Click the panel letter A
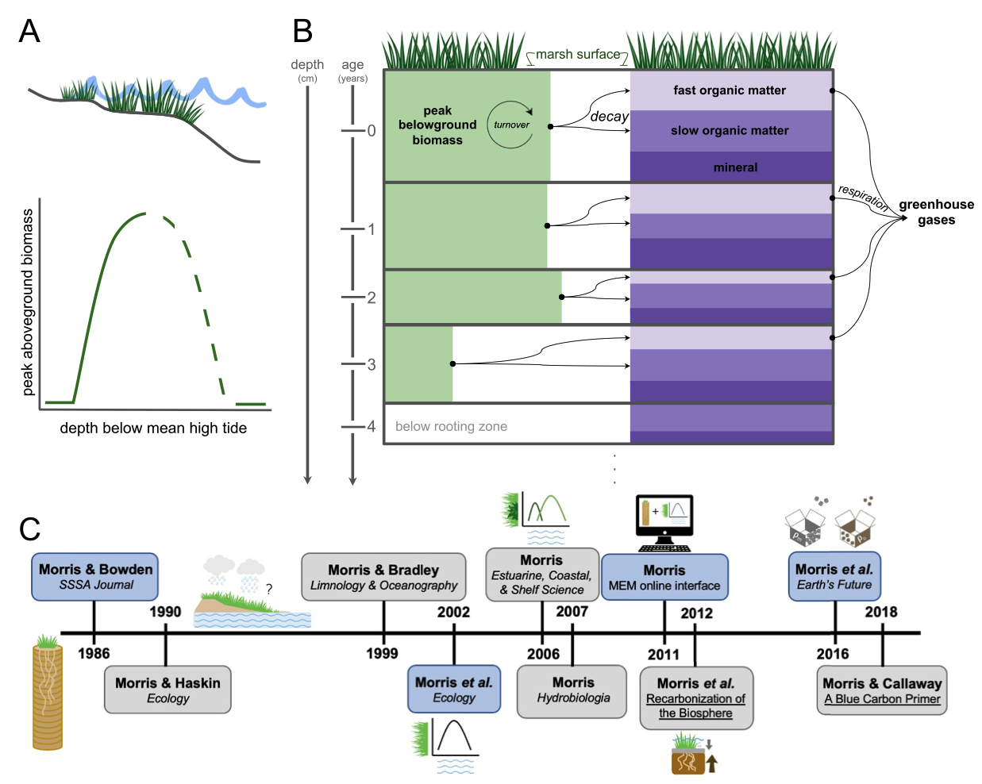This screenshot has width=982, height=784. pyautogui.click(x=29, y=32)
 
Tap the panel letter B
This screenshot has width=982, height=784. pyautogui.click(x=302, y=32)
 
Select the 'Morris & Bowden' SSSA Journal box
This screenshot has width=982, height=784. pyautogui.click(x=95, y=577)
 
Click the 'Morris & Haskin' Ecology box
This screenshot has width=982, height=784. pyautogui.click(x=168, y=690)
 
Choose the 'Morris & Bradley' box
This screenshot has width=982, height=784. pyautogui.click(x=383, y=577)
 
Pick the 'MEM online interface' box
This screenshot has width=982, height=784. pyautogui.click(x=664, y=578)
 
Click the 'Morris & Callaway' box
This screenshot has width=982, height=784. pyautogui.click(x=882, y=690)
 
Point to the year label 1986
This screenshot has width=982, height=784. pyautogui.click(x=94, y=654)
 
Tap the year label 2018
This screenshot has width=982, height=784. pyautogui.click(x=881, y=612)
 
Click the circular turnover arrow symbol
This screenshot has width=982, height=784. pyautogui.click(x=510, y=125)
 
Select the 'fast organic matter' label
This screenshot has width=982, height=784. pyautogui.click(x=730, y=90)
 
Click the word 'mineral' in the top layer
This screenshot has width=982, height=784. pyautogui.click(x=735, y=167)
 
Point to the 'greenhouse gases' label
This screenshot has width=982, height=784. pyautogui.click(x=937, y=212)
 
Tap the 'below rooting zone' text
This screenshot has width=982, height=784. pyautogui.click(x=451, y=426)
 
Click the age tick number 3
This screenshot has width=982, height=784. pyautogui.click(x=371, y=365)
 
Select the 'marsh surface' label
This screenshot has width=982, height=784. pyautogui.click(x=578, y=55)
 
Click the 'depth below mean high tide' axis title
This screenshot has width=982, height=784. pyautogui.click(x=153, y=429)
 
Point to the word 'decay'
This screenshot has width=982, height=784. pyautogui.click(x=609, y=117)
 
